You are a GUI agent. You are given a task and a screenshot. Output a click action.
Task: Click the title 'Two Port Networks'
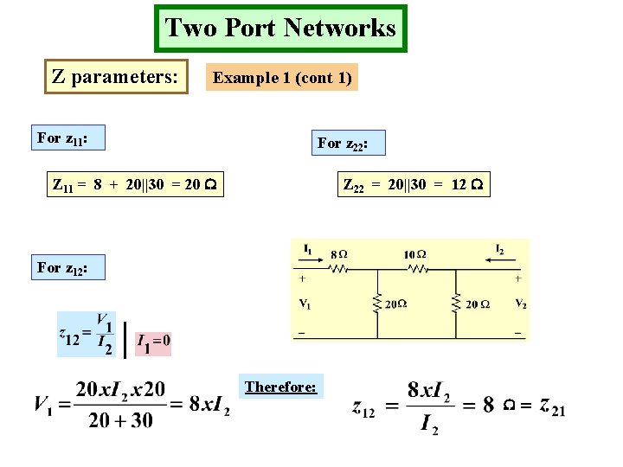(280, 29)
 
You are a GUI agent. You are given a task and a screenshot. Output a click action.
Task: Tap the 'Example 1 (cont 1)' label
(282, 78)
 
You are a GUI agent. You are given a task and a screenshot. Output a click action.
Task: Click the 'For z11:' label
(61, 138)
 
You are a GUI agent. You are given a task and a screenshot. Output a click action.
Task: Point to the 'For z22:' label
(343, 143)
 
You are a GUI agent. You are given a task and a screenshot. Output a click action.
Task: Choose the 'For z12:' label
(61, 268)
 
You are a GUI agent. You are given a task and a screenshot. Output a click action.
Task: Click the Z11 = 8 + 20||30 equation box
(134, 184)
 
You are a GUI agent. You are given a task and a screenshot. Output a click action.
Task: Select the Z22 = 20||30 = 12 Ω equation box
(414, 184)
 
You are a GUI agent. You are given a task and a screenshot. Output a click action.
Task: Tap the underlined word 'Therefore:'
(280, 387)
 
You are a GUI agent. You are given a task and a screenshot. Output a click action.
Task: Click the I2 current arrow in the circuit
(498, 257)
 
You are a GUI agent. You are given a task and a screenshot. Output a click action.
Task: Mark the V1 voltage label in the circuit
(305, 304)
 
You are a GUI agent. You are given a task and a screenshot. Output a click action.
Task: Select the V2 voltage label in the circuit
(520, 304)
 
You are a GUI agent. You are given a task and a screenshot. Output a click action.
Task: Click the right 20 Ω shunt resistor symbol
(456, 304)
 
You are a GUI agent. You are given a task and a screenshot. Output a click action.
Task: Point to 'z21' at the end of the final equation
(551, 405)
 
